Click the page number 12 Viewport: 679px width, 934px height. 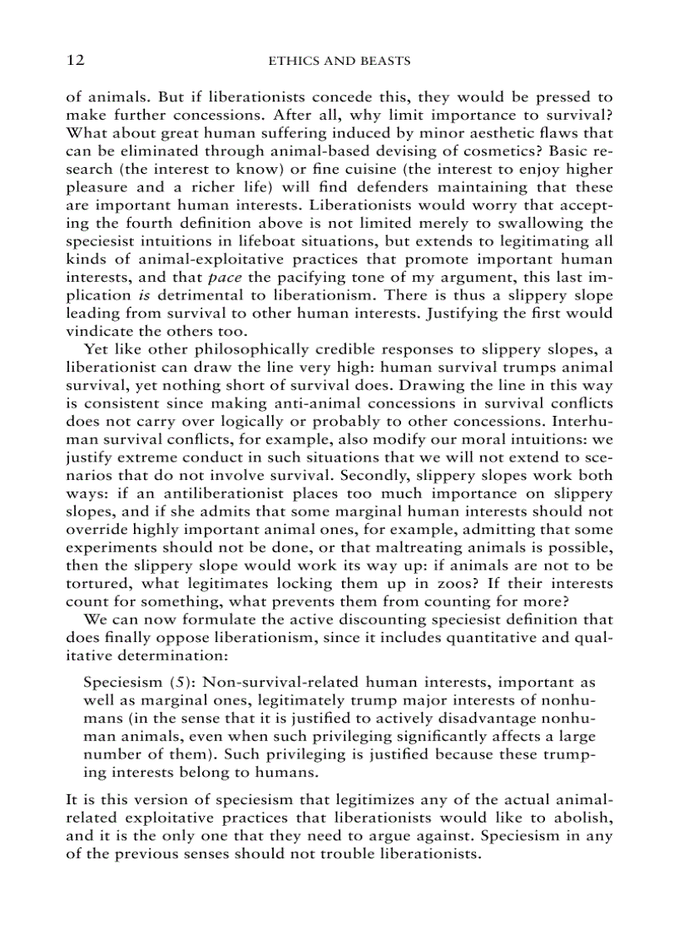(x=75, y=61)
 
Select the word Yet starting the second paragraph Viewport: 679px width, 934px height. (x=96, y=349)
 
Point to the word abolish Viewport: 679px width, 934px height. (x=585, y=818)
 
